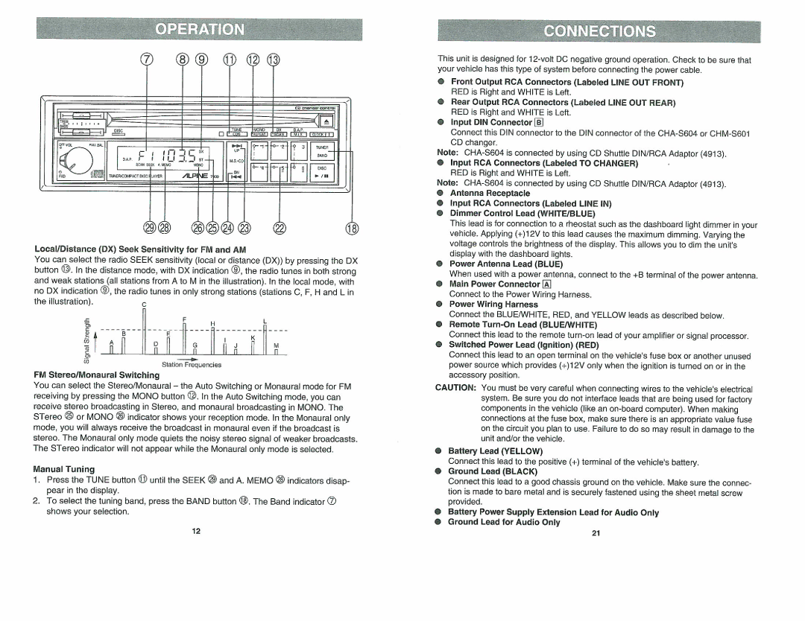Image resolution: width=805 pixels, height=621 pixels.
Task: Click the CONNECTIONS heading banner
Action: tap(600, 31)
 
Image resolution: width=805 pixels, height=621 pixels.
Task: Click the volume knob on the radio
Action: tap(76, 158)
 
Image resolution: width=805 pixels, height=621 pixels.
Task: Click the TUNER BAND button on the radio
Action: tap(322, 152)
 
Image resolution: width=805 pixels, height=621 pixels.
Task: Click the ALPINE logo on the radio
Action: tap(192, 176)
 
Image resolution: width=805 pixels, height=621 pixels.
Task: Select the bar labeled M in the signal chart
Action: tap(276, 353)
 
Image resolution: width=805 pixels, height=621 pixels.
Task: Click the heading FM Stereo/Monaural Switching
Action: tap(96, 375)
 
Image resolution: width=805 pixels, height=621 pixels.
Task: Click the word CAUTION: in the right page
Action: tap(456, 388)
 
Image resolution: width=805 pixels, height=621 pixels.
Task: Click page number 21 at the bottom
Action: tap(596, 533)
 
